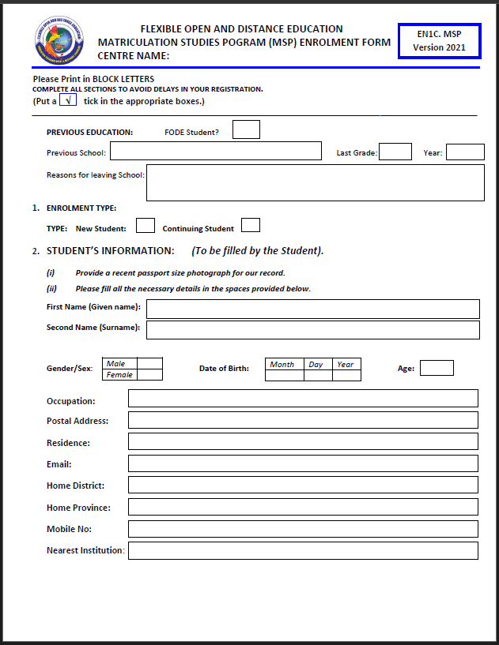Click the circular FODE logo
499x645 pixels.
click(x=59, y=40)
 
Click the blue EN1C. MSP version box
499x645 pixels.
click(x=439, y=41)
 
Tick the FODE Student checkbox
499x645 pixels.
click(x=246, y=129)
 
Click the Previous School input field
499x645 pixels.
click(x=215, y=152)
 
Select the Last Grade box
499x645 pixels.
click(x=395, y=152)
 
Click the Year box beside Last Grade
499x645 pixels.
click(x=465, y=152)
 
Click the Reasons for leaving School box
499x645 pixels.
click(x=315, y=182)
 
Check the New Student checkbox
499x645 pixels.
click(x=146, y=226)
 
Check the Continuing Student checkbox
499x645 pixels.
click(x=251, y=226)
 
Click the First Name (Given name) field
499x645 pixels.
click(x=312, y=309)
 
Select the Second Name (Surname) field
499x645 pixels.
click(x=312, y=330)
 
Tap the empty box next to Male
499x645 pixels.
click(x=149, y=364)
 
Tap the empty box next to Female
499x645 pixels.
click(x=149, y=375)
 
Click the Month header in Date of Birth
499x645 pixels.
click(x=282, y=364)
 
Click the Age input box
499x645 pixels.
click(x=437, y=368)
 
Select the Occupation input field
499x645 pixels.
click(x=303, y=399)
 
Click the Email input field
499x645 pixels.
click(x=303, y=463)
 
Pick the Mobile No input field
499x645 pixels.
click(x=303, y=529)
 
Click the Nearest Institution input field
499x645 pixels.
click(x=303, y=550)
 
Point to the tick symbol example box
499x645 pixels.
click(x=68, y=101)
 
